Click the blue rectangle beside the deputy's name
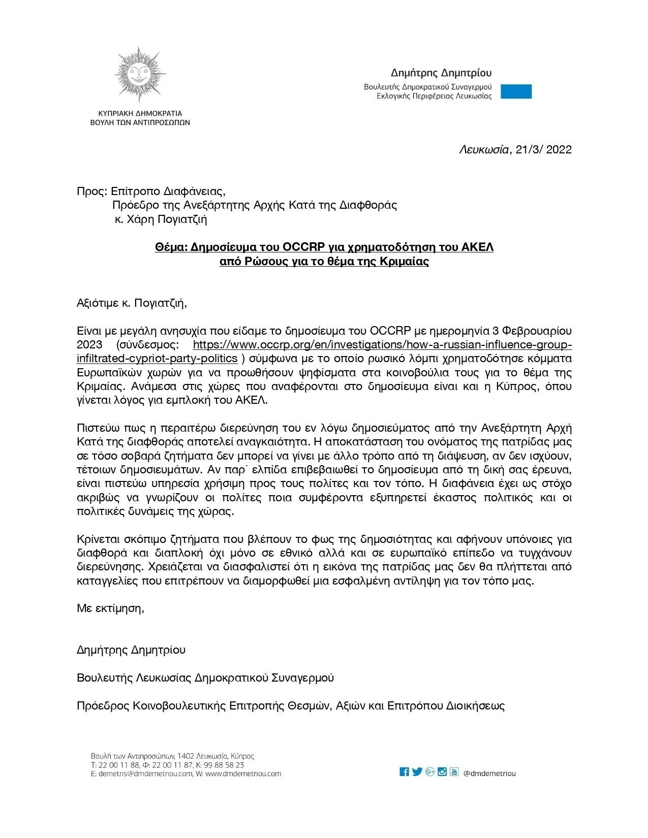(516, 91)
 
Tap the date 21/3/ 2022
(543, 149)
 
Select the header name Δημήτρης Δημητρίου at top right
(441, 73)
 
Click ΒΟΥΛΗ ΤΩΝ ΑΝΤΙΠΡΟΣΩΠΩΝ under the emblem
(140, 122)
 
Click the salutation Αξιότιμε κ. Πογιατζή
(132, 303)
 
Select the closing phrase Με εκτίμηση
(110, 608)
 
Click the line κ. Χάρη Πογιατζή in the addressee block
(160, 219)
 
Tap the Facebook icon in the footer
(405, 772)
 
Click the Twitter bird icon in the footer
(417, 772)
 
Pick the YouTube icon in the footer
(454, 772)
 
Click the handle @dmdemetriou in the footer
(489, 773)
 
